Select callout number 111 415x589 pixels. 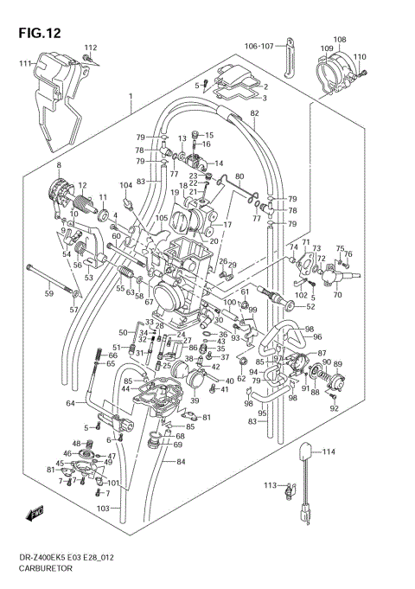(25, 64)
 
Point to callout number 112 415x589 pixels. (91, 47)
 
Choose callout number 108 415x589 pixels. (340, 40)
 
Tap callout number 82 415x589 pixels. (254, 113)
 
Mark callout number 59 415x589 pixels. (49, 294)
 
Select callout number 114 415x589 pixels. (327, 451)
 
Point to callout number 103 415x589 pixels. (103, 509)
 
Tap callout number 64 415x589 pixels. (70, 403)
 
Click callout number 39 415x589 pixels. (195, 400)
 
